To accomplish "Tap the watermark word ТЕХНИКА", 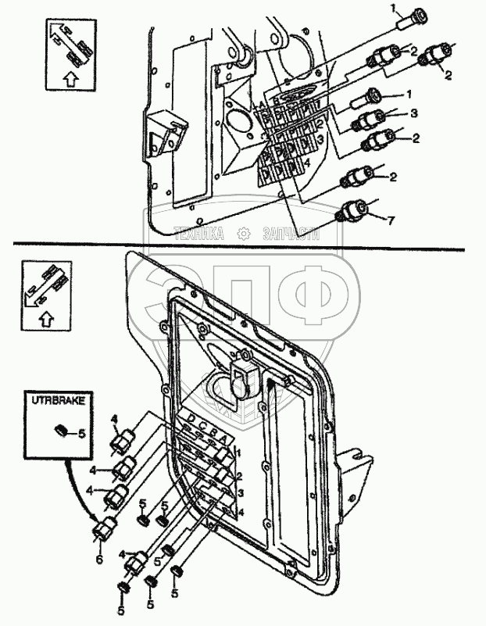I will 199,233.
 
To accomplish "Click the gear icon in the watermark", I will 244,233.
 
